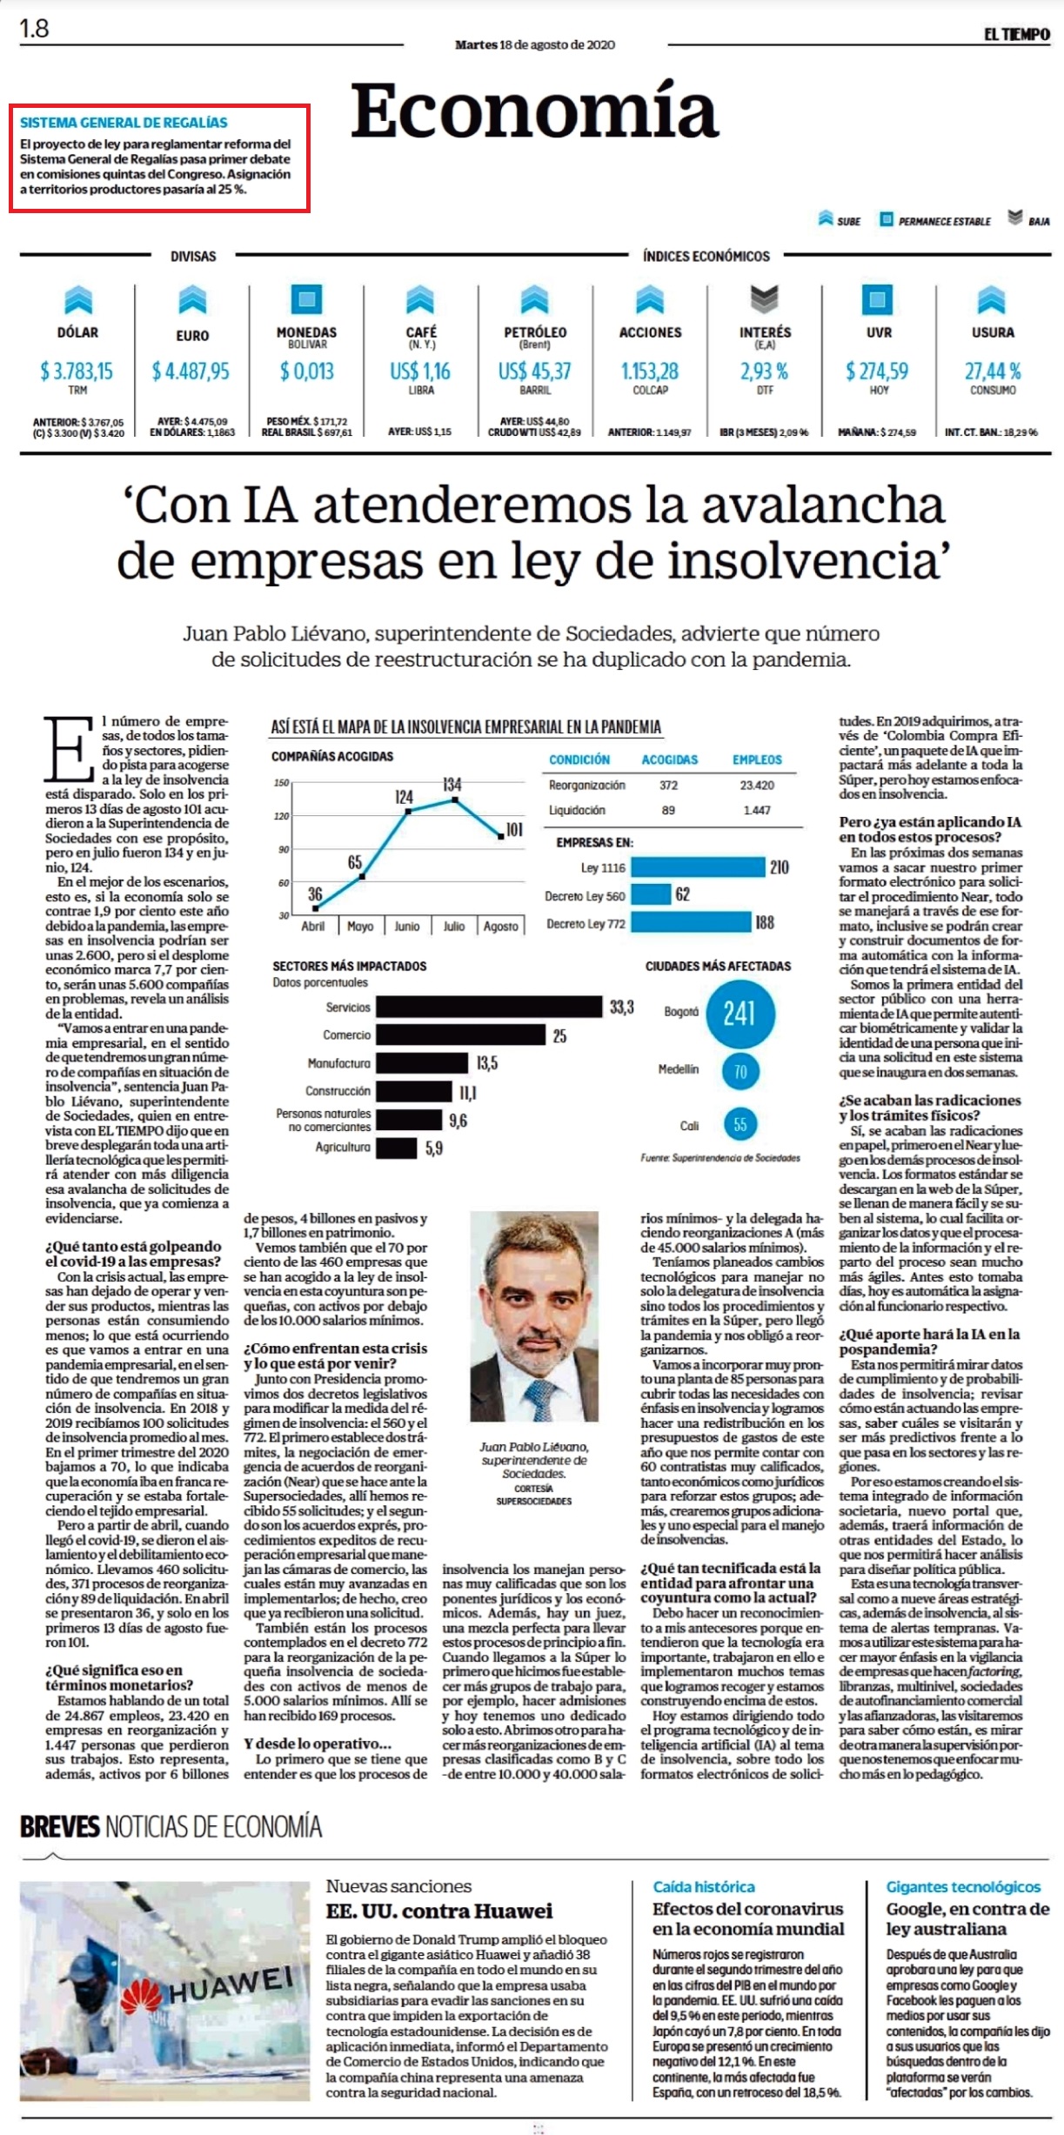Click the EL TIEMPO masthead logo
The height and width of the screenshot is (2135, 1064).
point(1016,34)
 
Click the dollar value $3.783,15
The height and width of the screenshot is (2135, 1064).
point(77,371)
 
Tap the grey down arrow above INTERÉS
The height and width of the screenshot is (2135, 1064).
point(764,299)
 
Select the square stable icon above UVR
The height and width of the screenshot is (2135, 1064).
point(877,299)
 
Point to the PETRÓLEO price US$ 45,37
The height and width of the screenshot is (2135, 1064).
point(534,371)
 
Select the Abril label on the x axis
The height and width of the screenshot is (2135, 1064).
point(312,927)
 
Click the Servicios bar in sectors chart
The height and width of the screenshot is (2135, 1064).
point(489,1007)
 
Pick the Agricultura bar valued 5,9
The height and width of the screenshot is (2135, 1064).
point(397,1148)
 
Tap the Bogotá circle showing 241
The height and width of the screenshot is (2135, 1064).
point(739,1014)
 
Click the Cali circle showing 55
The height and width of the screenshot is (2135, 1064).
point(739,1125)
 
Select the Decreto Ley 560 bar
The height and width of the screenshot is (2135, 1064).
point(651,894)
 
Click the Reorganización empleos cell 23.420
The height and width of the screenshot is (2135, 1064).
point(757,785)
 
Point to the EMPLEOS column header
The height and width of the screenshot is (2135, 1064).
point(757,760)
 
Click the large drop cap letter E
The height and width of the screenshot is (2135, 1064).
point(70,748)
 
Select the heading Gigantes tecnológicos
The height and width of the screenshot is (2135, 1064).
point(963,1887)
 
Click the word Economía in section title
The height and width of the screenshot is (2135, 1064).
point(534,110)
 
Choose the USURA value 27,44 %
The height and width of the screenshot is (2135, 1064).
point(993,371)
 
